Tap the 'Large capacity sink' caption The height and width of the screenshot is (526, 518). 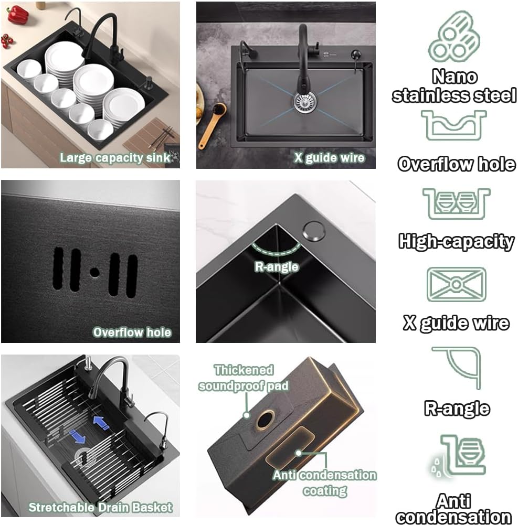pos(115,157)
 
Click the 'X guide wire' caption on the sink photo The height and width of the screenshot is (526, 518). pos(329,157)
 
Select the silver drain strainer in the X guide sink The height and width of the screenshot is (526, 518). pos(303,100)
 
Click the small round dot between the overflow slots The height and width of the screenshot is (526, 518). pos(94,272)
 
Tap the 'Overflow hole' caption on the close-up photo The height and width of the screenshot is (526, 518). pos(132,332)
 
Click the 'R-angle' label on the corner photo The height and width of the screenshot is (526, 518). pos(277,266)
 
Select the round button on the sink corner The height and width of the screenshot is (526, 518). pos(314,231)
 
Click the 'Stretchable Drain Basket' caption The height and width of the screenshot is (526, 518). pos(100,507)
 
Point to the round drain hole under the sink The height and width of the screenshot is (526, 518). pos(265,420)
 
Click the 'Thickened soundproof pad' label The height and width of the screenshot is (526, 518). pos(244,378)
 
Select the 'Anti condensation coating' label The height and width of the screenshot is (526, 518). pos(325,482)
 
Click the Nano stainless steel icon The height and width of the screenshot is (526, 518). pos(454,37)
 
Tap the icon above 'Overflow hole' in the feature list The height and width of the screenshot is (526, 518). pos(454,125)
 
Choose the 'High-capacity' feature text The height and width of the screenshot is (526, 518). pos(456,241)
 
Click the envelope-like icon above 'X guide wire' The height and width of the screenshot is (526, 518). pos(456,284)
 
